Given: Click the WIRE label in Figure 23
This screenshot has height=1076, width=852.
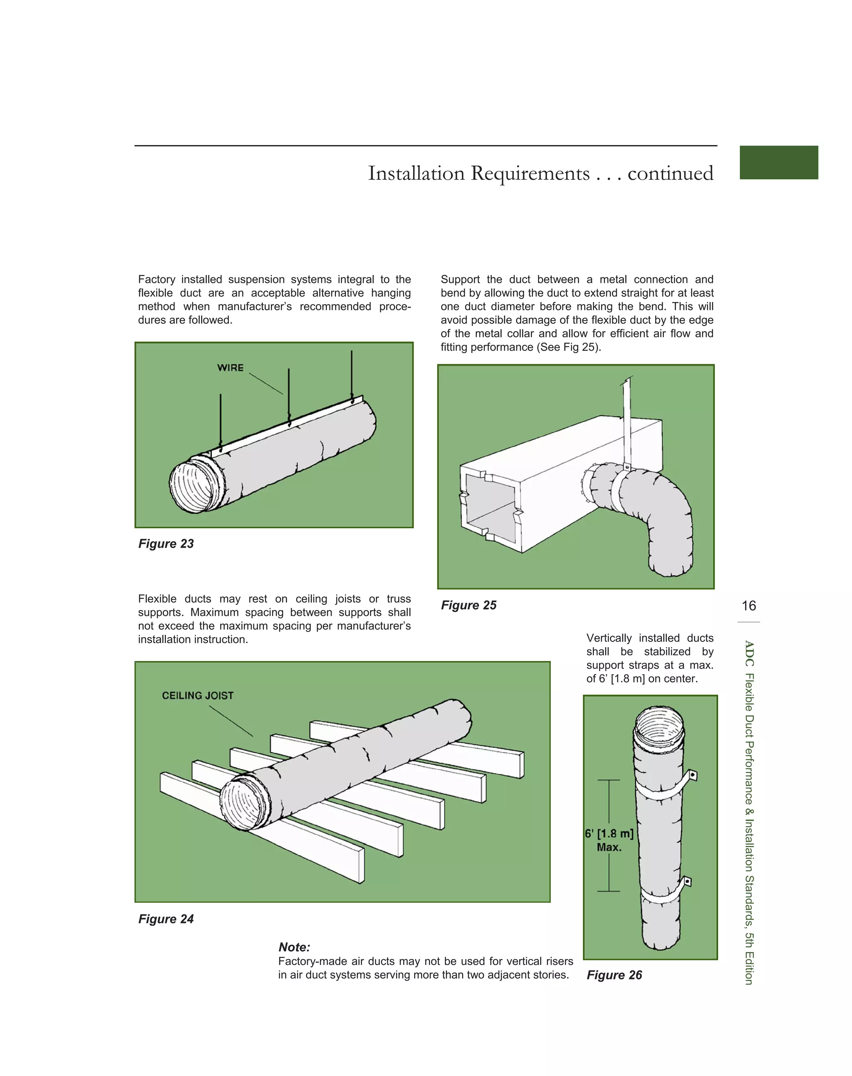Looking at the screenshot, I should click(230, 368).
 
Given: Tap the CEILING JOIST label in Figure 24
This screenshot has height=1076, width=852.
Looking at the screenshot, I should click(198, 695).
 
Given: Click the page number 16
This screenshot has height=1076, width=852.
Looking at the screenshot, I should click(748, 606).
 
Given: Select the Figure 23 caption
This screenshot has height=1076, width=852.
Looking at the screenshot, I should click(166, 544).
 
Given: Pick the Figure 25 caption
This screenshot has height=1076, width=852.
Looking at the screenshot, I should click(468, 605).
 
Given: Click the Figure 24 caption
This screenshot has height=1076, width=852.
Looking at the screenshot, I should click(166, 919).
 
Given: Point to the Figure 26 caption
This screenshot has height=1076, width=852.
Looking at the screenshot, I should click(614, 975).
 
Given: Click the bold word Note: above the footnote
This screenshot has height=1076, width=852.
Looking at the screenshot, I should click(294, 947).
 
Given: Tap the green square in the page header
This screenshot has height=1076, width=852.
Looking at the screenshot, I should click(778, 162).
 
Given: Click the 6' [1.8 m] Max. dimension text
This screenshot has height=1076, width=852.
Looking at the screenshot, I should click(609, 840).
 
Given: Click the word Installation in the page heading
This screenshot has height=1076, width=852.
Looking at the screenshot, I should click(416, 173).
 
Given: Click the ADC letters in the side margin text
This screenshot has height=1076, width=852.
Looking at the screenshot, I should click(748, 653).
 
